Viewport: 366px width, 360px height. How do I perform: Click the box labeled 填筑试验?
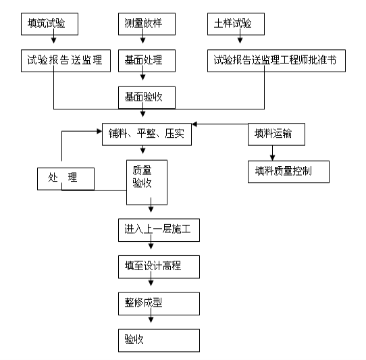(x=49, y=24)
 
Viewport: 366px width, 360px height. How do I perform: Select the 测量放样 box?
(x=147, y=24)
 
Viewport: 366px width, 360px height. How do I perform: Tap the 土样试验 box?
(x=236, y=24)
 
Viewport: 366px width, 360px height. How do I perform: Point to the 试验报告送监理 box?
(x=66, y=61)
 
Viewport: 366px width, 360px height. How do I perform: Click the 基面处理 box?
(x=147, y=61)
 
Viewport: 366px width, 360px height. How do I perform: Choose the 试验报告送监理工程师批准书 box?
(x=276, y=61)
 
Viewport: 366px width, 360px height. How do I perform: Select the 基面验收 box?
(x=147, y=97)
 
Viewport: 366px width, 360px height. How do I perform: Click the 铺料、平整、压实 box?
(x=147, y=134)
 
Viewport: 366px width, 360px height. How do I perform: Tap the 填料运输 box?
(x=276, y=134)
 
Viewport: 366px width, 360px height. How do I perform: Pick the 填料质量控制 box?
(x=288, y=172)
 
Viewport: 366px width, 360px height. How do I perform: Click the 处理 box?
(x=66, y=179)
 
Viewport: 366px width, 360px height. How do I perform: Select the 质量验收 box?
(x=147, y=182)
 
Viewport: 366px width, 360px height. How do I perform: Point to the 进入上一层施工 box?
(x=159, y=230)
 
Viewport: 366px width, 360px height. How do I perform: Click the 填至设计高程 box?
(x=159, y=267)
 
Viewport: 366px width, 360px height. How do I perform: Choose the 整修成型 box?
(x=159, y=303)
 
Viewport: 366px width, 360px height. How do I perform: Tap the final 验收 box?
(x=159, y=340)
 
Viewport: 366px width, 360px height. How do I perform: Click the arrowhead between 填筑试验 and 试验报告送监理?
(x=54, y=41)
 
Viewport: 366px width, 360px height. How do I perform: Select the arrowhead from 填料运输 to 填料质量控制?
(x=272, y=157)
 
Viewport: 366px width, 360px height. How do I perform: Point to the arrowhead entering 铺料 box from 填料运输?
(x=194, y=124)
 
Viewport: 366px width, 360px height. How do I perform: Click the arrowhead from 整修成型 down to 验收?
(x=151, y=319)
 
